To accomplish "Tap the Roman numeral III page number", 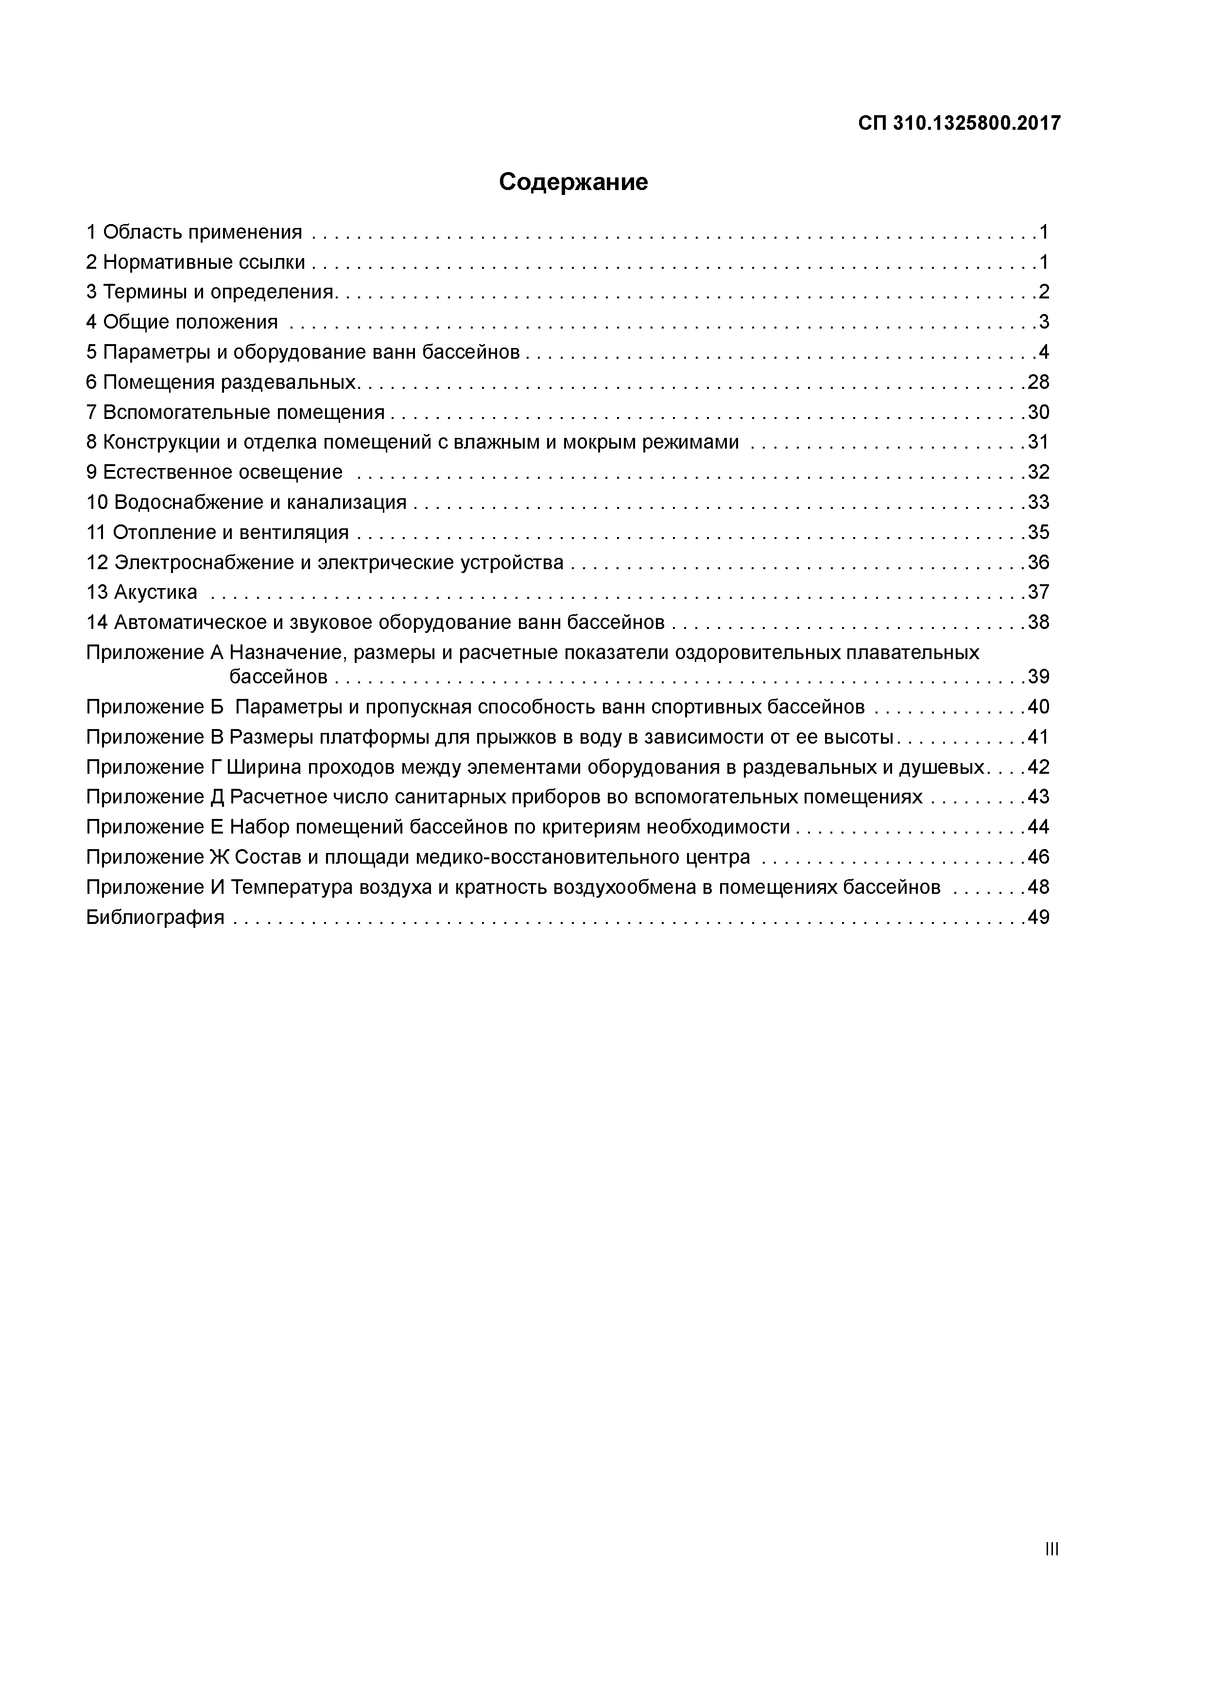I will pos(1051,1549).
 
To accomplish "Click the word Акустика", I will pos(155,592).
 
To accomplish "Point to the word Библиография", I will pos(155,917).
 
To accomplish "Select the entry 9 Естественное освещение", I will pos(215,472).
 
